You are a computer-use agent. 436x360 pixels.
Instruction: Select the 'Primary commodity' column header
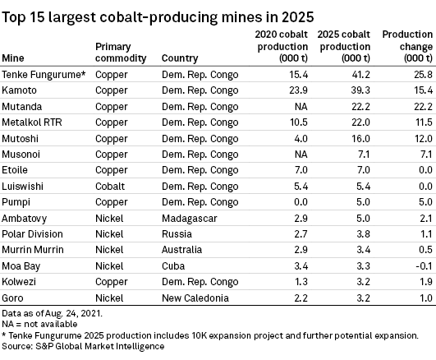(121, 53)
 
